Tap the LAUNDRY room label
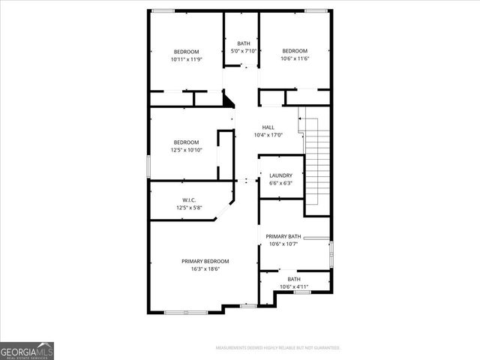coord(281,175)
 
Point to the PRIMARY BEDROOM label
coord(205,261)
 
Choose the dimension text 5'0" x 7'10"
coord(244,51)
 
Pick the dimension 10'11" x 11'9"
coord(186,58)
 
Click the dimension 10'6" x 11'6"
coord(295,58)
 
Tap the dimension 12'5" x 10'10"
coord(187,149)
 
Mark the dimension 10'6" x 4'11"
coord(294,286)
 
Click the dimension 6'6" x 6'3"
coord(281,182)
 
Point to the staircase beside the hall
coord(319,157)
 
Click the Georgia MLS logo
coord(27,350)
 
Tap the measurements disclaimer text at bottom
coord(277,348)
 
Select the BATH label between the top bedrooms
coord(244,43)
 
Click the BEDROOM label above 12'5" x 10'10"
coord(187,142)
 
